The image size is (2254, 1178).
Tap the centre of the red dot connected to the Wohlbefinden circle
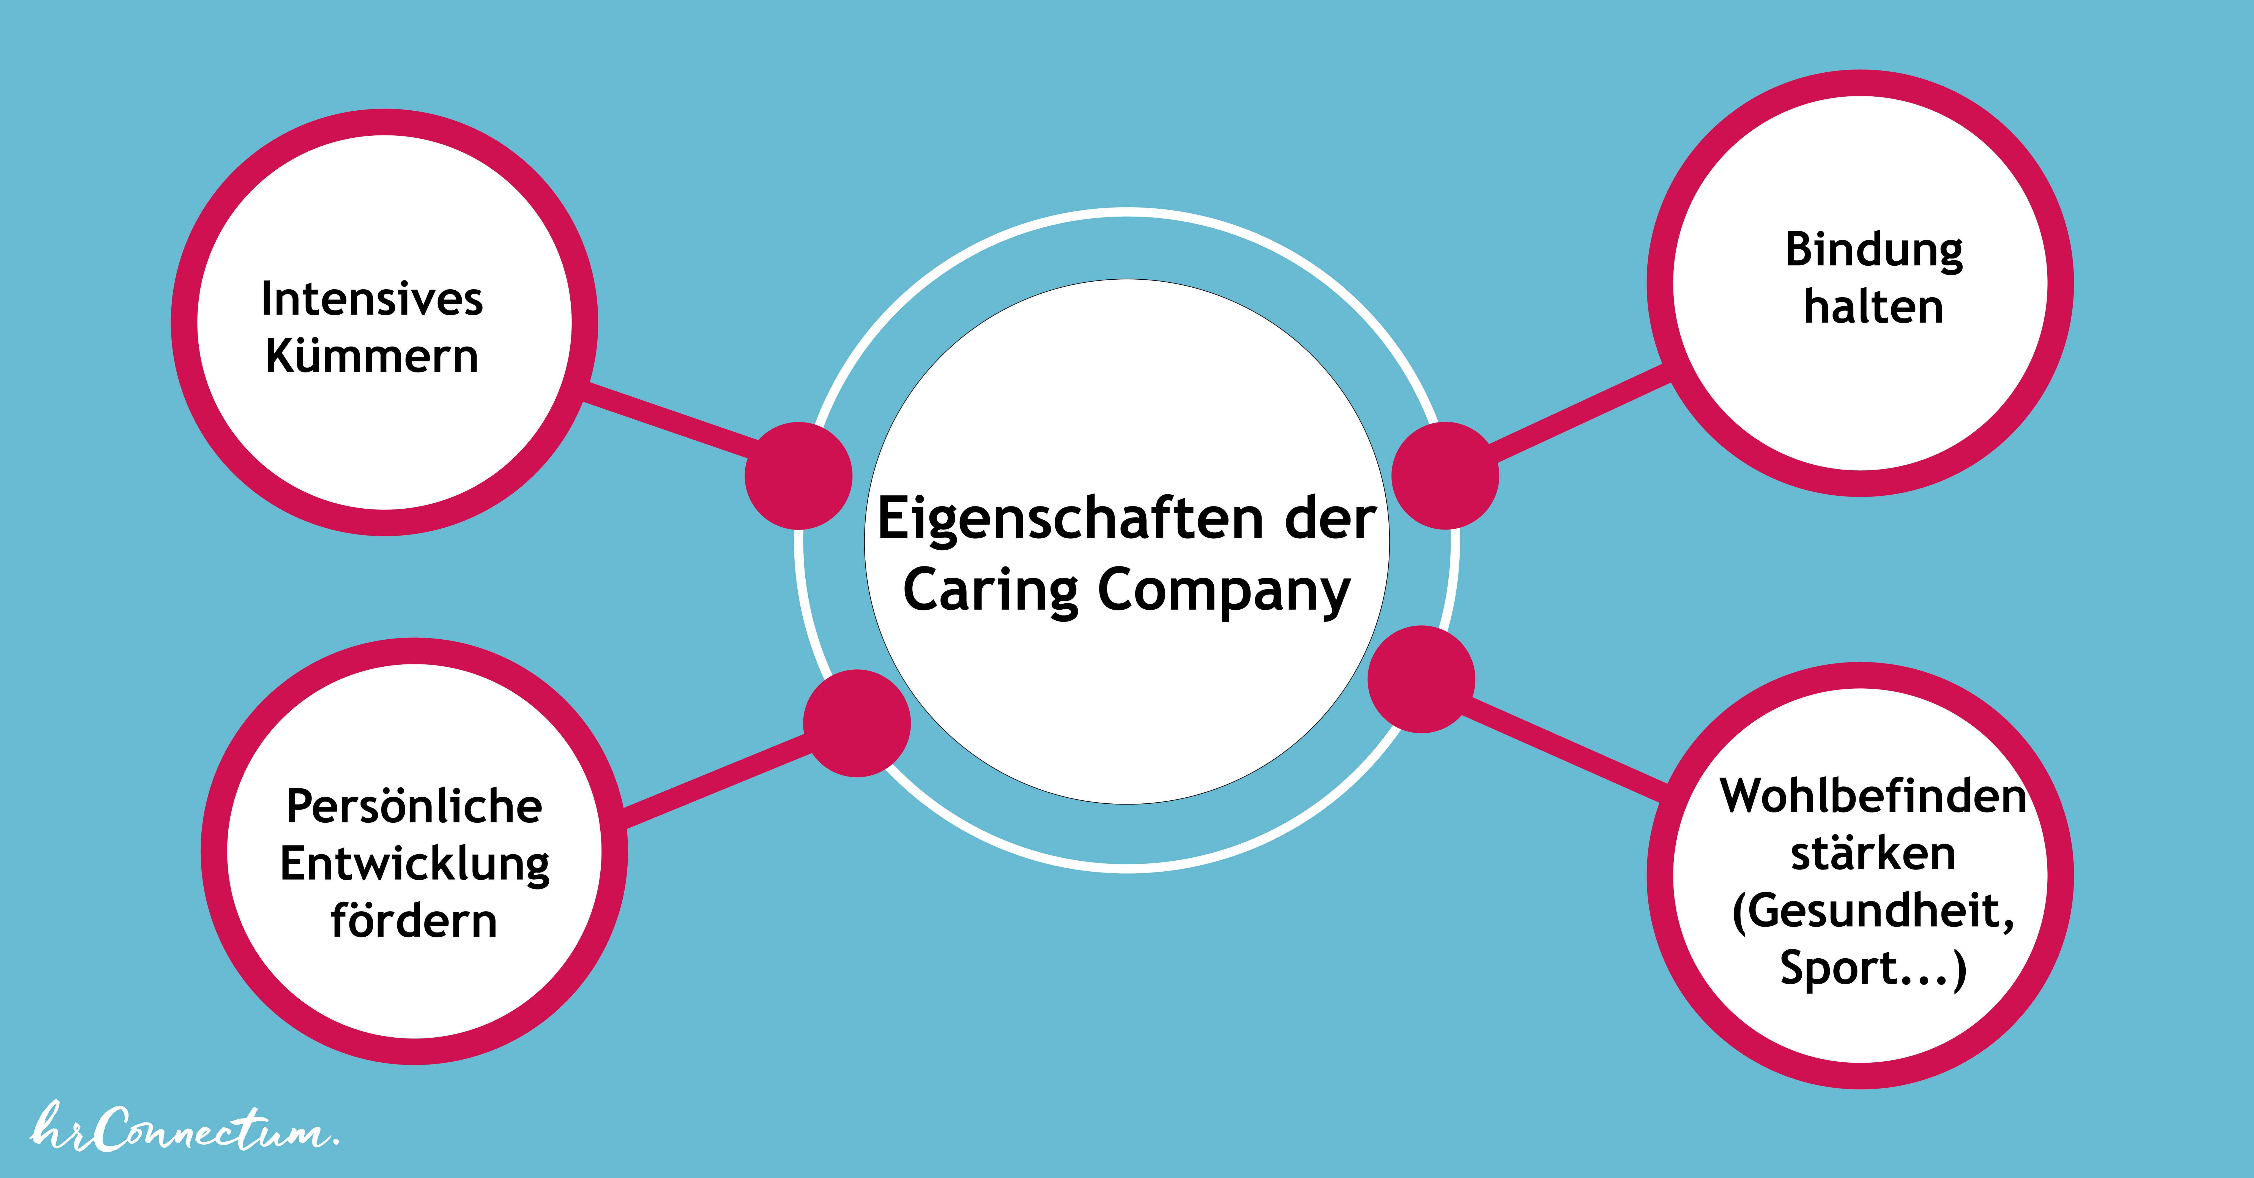point(1421,679)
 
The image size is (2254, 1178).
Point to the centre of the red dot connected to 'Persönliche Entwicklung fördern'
point(857,723)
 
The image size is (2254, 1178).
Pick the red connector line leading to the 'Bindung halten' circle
point(1580,413)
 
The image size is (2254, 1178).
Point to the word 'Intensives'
point(372,299)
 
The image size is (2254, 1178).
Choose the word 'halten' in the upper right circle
point(1873,307)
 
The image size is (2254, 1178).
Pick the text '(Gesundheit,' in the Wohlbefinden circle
point(1873,912)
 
